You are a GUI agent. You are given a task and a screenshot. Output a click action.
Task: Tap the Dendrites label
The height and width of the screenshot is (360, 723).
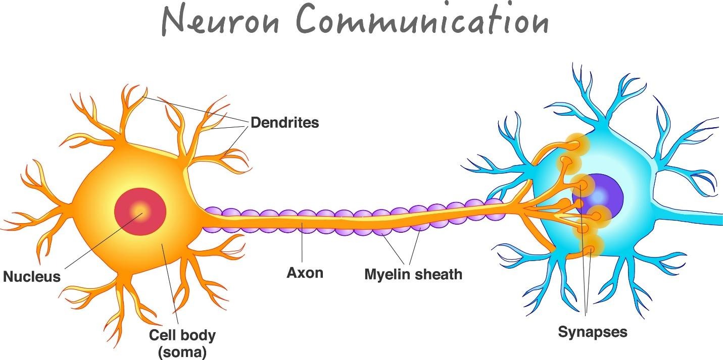tap(284, 122)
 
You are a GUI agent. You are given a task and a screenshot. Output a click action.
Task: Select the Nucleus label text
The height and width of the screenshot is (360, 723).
tap(31, 276)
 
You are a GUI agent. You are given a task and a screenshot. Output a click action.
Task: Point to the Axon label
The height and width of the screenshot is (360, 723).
tap(305, 273)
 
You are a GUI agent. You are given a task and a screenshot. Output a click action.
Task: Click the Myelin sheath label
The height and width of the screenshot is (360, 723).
tap(413, 274)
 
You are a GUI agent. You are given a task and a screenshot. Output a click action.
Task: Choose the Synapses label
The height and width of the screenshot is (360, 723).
tap(592, 332)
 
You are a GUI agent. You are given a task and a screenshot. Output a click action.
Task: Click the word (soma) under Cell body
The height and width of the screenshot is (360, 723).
tap(182, 351)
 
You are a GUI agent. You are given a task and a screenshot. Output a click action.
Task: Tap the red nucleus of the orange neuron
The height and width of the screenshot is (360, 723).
tap(140, 212)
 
